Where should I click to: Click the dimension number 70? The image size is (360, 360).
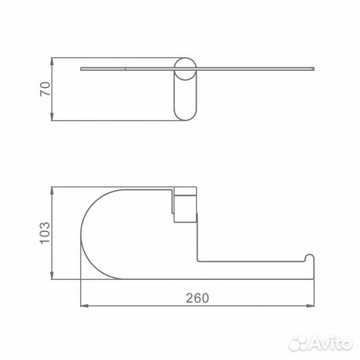point(45,89)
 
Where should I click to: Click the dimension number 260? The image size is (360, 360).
point(197,298)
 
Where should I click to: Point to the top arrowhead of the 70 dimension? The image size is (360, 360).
point(52,61)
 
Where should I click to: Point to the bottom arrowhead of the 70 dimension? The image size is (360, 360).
point(52,117)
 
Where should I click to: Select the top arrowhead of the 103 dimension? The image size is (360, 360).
point(52,191)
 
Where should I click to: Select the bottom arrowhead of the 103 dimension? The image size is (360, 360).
point(52,275)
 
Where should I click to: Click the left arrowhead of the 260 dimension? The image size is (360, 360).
point(85,305)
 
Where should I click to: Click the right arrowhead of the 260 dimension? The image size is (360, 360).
point(310,305)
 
